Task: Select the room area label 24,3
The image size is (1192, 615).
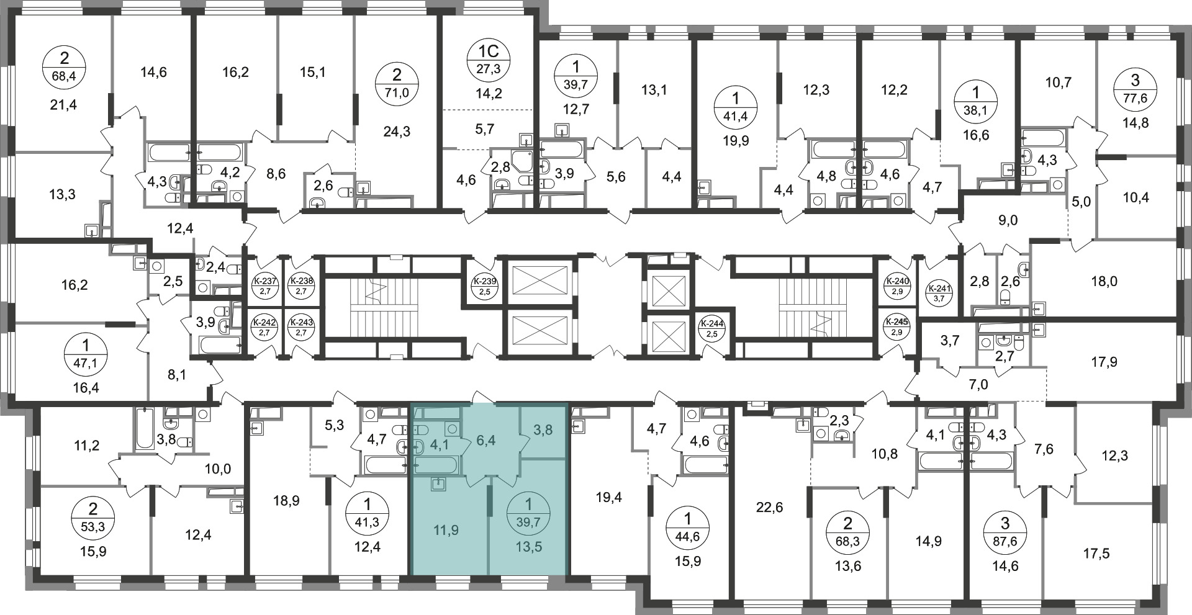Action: click(x=397, y=132)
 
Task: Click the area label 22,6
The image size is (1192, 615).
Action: click(x=770, y=508)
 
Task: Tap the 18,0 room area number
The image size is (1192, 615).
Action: click(x=1104, y=281)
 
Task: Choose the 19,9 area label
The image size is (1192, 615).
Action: click(x=736, y=140)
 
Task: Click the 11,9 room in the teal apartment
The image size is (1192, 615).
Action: click(x=446, y=531)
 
